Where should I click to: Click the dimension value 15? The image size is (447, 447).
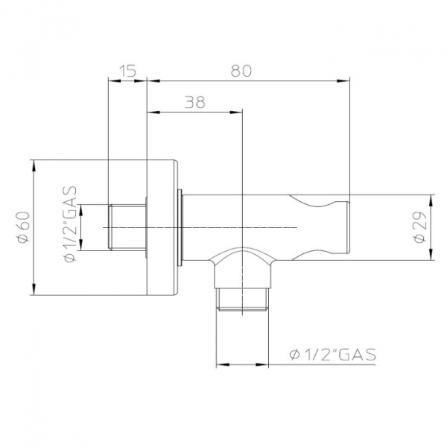(127, 71)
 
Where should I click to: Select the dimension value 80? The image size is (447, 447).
(241, 71)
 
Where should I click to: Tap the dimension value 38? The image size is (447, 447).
(195, 102)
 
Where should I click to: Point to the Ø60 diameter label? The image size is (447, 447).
(24, 227)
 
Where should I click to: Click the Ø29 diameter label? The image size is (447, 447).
(420, 227)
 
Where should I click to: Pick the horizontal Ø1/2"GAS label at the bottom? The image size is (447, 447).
(333, 355)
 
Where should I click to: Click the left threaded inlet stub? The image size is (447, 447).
(127, 227)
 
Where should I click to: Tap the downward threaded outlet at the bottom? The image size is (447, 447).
(242, 299)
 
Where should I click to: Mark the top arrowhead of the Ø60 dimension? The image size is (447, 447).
(34, 165)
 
